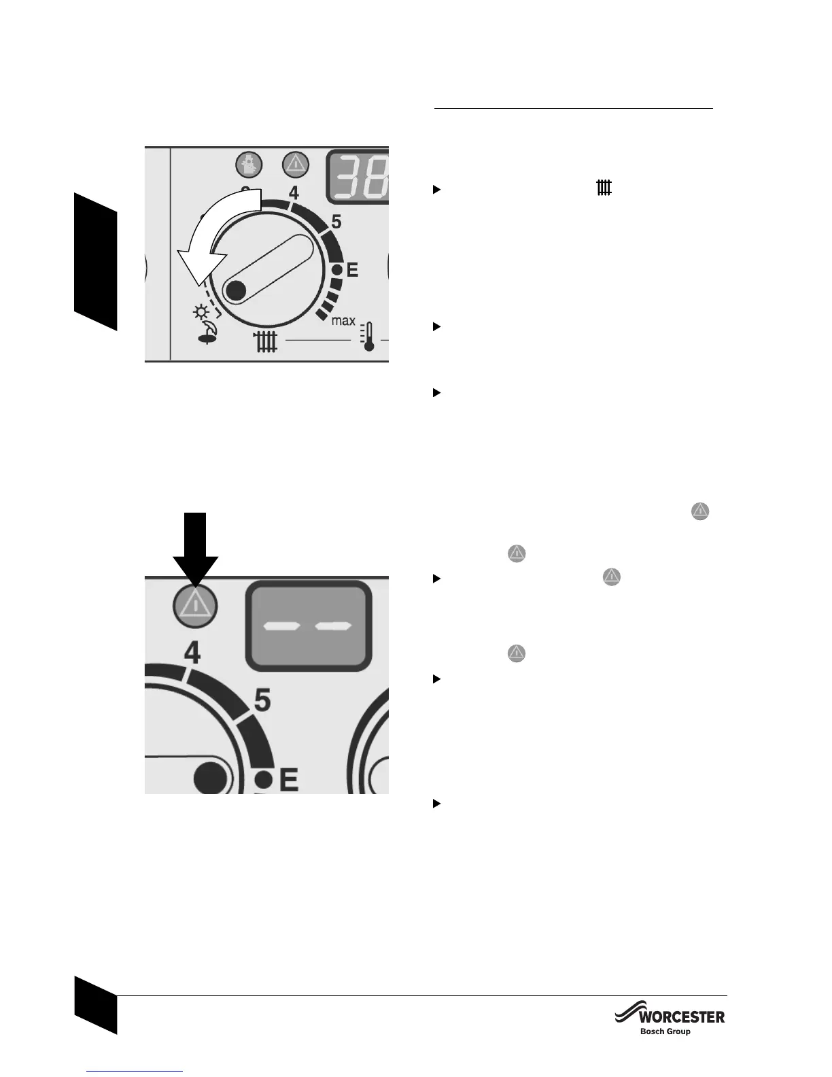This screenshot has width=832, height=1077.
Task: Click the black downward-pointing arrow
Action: tap(195, 547)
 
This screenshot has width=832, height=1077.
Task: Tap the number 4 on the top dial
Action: tap(294, 192)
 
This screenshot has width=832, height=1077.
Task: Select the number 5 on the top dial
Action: tap(336, 222)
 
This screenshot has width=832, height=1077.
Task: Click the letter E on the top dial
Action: tap(352, 271)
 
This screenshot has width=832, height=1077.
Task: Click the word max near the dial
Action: tap(343, 321)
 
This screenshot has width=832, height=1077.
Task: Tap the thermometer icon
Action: tap(368, 335)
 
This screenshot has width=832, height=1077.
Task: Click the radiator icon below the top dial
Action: tap(265, 342)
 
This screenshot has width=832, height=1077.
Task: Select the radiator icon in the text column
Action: tap(604, 188)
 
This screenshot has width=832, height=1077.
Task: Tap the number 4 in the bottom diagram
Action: tap(192, 653)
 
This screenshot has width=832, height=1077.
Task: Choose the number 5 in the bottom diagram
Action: tap(262, 700)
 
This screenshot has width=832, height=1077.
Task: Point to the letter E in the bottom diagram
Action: tap(288, 780)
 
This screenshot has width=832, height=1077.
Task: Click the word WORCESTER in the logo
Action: tap(682, 1017)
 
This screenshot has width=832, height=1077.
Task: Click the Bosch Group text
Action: tap(665, 1031)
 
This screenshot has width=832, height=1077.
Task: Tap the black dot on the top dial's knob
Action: tap(235, 291)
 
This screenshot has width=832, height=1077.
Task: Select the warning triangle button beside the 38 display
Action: tap(296, 164)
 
